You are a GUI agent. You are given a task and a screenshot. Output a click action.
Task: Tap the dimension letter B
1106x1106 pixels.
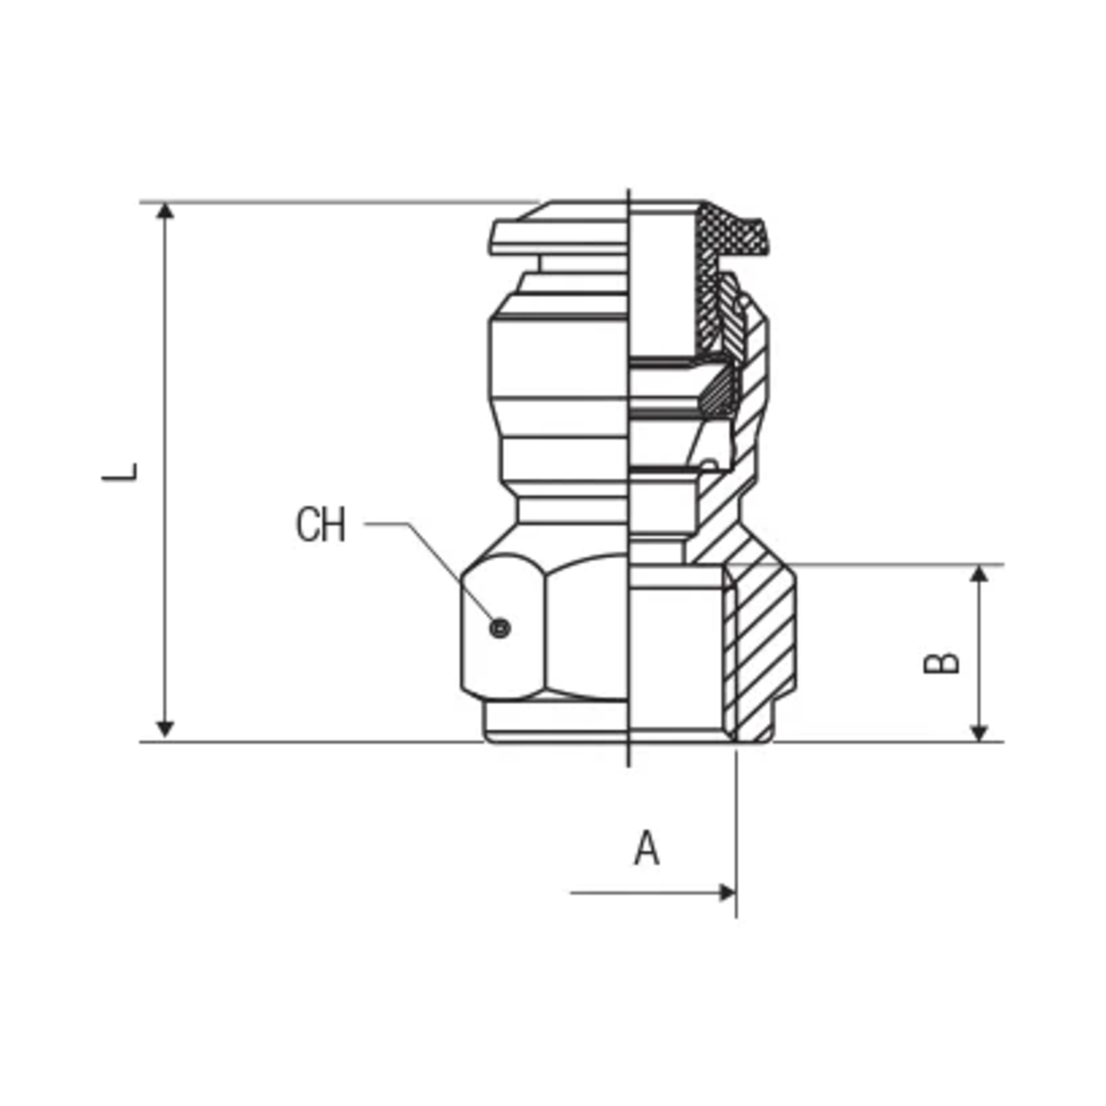(941, 663)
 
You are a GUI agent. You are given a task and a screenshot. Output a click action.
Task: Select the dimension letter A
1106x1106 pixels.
(646, 848)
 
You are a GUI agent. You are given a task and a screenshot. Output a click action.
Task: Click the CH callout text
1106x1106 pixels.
(320, 524)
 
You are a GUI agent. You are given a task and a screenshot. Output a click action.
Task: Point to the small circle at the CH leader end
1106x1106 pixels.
(500, 628)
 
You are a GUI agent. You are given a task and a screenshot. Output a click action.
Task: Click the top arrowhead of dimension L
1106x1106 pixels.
(165, 210)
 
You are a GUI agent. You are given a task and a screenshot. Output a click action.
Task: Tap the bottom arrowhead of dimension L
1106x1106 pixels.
(165, 729)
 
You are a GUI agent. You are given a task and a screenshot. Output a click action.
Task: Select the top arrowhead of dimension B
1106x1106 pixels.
(979, 573)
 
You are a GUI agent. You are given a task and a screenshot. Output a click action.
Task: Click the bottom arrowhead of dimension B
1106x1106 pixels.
(979, 733)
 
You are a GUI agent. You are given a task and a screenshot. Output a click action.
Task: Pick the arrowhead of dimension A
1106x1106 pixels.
(727, 893)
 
